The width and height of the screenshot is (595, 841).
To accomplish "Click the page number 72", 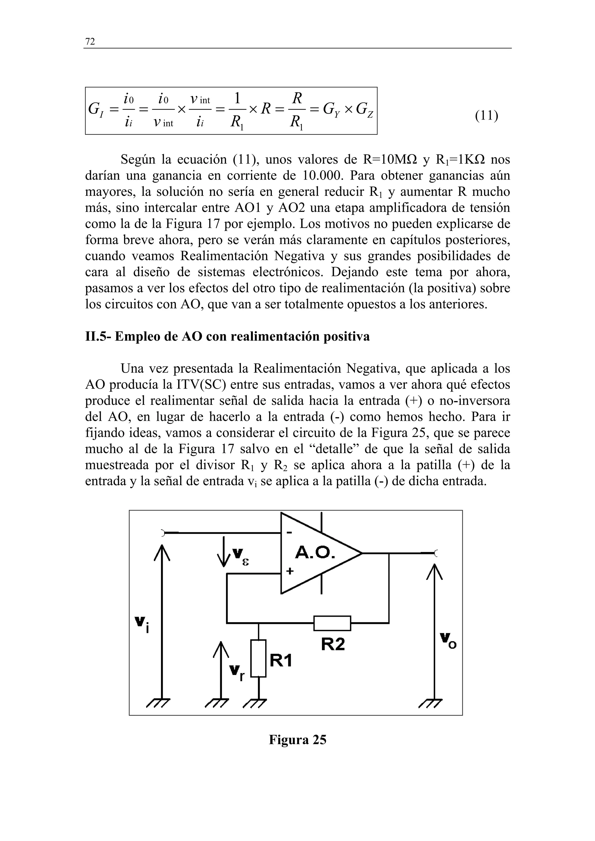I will point(90,41).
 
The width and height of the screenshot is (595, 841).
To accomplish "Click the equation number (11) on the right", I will point(486,116).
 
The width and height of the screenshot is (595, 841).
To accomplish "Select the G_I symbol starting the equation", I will point(96,109).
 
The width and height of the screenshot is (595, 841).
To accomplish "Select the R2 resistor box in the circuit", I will point(332,623).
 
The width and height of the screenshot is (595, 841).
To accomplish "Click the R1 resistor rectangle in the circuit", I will point(259,658).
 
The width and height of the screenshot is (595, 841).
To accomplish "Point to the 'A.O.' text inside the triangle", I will point(315,553).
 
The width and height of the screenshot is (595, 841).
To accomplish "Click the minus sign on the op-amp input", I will point(289,533).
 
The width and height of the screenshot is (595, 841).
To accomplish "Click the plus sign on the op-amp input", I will point(290,571).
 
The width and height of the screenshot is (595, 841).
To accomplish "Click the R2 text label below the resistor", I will point(333,644).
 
